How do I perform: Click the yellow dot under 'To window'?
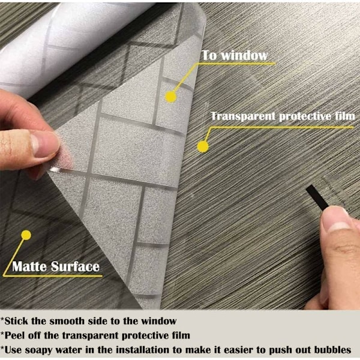pyautogui.click(x=170, y=97)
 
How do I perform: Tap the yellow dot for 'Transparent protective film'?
pyautogui.click(x=203, y=147)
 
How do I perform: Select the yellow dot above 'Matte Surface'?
pyautogui.click(x=26, y=235)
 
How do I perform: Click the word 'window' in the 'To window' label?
pyautogui.click(x=244, y=56)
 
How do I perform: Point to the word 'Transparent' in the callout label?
pyautogui.click(x=243, y=116)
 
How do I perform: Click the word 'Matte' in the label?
pyautogui.click(x=29, y=266)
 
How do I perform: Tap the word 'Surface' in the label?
pyautogui.click(x=75, y=266)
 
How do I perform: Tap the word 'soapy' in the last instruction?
pyautogui.click(x=39, y=351)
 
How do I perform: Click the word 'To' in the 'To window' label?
pyautogui.click(x=209, y=56)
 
